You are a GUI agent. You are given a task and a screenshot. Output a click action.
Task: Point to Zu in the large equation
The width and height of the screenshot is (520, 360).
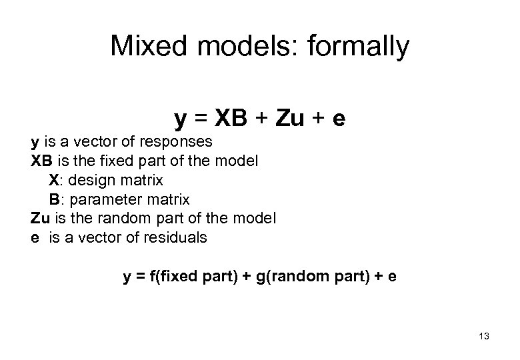pos(285,119)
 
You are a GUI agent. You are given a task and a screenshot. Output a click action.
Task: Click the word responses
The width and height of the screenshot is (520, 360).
pos(180,142)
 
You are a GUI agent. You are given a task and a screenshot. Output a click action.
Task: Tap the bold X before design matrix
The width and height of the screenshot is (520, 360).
pos(53,181)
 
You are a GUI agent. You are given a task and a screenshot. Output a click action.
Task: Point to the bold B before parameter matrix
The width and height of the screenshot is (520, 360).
pos(53,200)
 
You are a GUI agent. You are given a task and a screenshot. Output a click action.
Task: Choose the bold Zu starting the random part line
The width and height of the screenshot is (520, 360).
pos(39,219)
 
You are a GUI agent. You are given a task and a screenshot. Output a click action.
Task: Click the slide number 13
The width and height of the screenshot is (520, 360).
pos(483,337)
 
